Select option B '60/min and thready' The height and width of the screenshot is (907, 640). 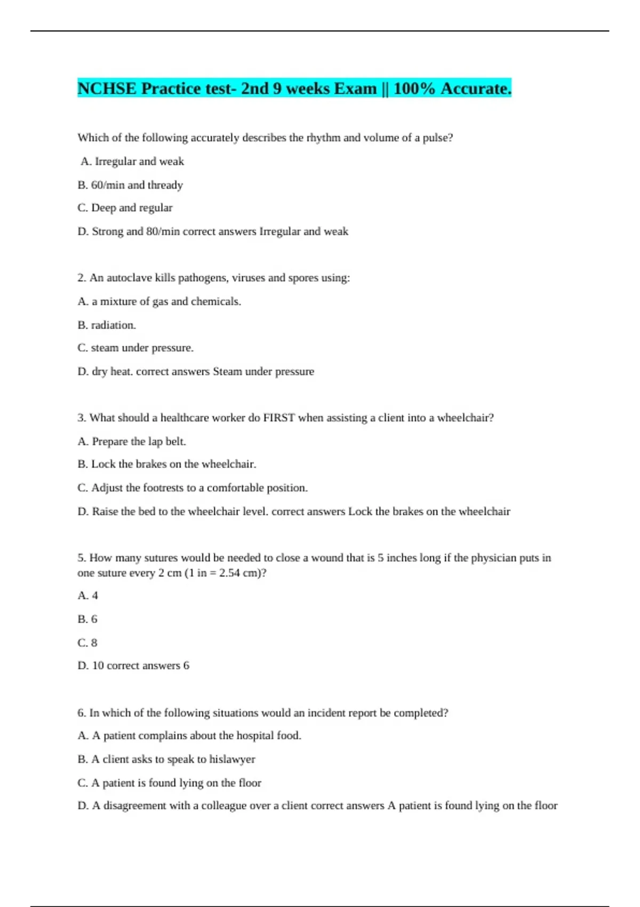130,185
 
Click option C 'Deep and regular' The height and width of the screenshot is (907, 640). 125,208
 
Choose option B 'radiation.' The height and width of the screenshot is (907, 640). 107,325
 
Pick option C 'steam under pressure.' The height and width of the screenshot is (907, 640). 135,348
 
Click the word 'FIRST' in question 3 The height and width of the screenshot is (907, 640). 279,418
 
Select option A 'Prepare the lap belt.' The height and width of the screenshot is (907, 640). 132,441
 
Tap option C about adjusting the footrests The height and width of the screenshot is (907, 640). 193,488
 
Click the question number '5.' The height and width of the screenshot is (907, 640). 82,558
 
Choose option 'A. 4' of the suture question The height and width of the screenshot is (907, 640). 88,595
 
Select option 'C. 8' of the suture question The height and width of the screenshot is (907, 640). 87,642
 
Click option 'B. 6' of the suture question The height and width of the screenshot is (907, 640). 87,619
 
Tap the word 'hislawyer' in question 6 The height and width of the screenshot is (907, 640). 232,759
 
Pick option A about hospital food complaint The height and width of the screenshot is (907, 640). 189,736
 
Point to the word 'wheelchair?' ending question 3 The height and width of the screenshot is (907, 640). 465,418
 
